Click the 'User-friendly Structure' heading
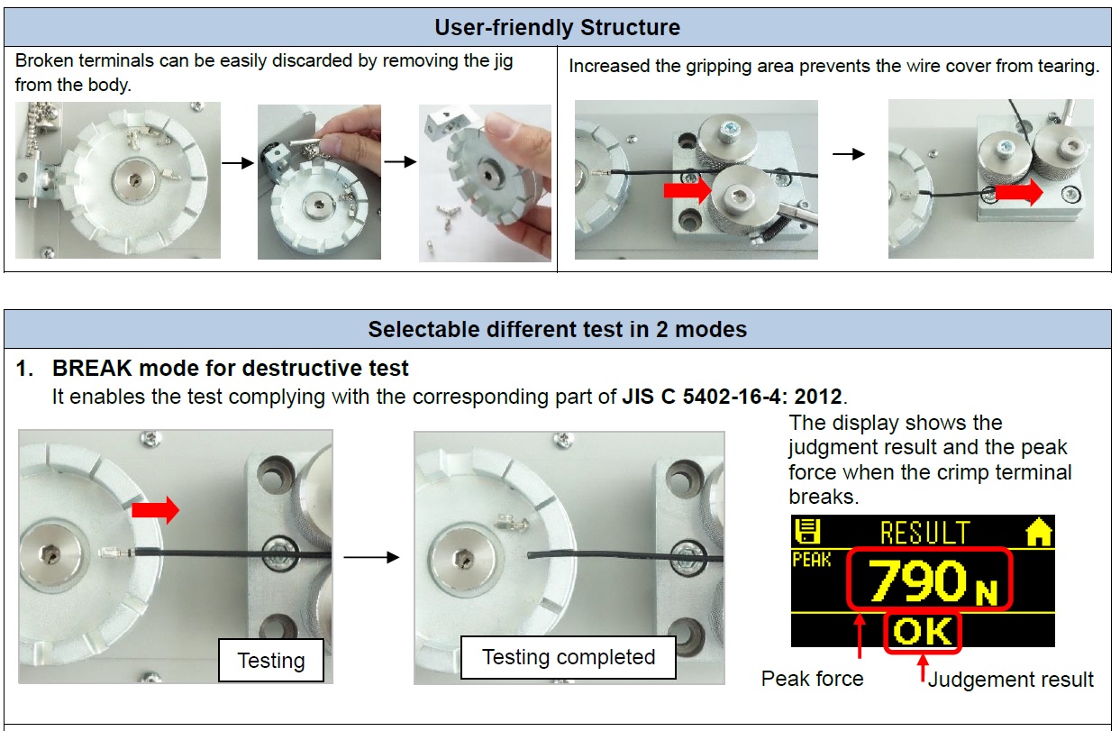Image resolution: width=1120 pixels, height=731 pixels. [557, 28]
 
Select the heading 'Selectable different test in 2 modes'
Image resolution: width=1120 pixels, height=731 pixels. [558, 330]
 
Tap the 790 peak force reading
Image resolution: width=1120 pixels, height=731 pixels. [918, 580]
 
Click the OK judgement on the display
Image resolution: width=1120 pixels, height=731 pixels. [923, 632]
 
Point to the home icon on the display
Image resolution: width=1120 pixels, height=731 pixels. [1039, 532]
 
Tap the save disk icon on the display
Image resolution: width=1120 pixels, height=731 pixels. [807, 532]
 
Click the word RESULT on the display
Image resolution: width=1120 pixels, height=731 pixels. [925, 533]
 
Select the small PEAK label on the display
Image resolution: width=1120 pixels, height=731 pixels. [811, 560]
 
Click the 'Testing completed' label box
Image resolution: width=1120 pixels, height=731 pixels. [568, 657]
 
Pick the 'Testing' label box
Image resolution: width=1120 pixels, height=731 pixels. [271, 661]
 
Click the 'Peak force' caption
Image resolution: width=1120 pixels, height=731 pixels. [812, 679]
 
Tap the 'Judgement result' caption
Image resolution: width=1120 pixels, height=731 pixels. [1010, 680]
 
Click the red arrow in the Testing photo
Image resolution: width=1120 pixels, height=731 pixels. [156, 510]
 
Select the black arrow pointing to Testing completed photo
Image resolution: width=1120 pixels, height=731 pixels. [371, 557]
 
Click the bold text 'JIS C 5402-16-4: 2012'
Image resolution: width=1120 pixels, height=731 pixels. [732, 397]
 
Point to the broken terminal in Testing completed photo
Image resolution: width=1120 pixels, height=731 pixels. [512, 524]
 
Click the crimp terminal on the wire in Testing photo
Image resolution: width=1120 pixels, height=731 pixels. [116, 553]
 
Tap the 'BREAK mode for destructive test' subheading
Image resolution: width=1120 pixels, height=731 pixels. [230, 369]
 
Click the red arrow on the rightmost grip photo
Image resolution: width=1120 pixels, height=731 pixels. [1019, 193]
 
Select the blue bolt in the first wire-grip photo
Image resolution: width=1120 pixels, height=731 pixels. [727, 132]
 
